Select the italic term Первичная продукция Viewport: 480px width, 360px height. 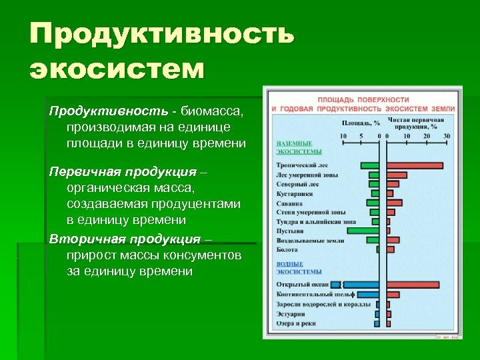coord(123,171)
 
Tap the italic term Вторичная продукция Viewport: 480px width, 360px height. coord(125,239)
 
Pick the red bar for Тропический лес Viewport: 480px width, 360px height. coord(414,165)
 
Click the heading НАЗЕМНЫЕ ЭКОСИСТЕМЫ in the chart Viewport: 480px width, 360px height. coord(294,147)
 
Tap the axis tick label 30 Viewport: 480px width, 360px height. coord(446,136)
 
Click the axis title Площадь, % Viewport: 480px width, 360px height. coord(361,123)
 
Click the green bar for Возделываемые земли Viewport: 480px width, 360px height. coord(371,240)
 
